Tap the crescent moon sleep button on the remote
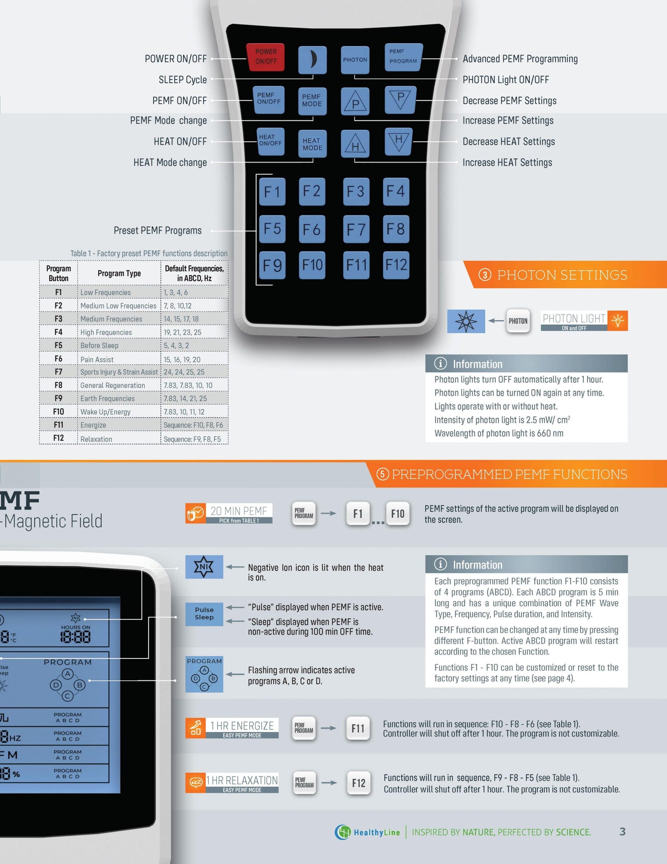pyautogui.click(x=312, y=60)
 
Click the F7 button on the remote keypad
pyautogui.click(x=356, y=229)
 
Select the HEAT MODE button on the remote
pyautogui.click(x=312, y=144)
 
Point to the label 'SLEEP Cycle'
pyautogui.click(x=183, y=80)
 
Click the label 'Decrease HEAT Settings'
pyautogui.click(x=508, y=142)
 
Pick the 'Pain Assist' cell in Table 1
pyautogui.click(x=97, y=359)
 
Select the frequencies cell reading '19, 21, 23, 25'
pyautogui.click(x=183, y=332)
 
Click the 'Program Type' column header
pyautogui.click(x=119, y=273)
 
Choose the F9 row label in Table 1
pyautogui.click(x=59, y=398)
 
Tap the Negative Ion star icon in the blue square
pyautogui.click(x=204, y=567)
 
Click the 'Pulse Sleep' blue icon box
pyautogui.click(x=204, y=614)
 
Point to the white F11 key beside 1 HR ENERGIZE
pyautogui.click(x=358, y=728)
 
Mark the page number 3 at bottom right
pyautogui.click(x=622, y=831)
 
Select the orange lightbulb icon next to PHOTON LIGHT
pyautogui.click(x=618, y=320)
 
